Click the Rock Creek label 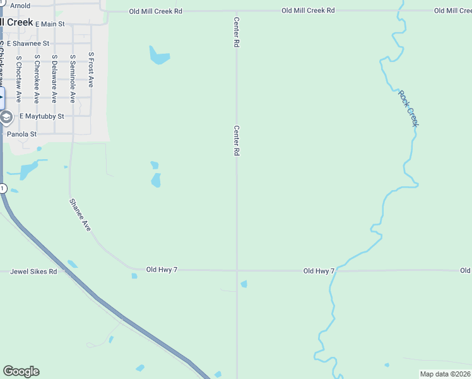408,108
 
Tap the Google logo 21,371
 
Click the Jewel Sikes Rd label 33,272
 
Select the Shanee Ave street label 80,215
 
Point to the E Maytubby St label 42,116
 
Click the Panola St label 21,134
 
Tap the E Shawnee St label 28,44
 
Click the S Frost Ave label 91,69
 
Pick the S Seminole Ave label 73,79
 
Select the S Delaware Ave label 54,79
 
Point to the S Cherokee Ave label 37,79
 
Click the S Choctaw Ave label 19,79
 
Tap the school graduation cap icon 6,117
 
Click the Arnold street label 20,5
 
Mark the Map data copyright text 444,374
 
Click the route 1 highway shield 3,188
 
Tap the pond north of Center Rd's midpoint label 159,56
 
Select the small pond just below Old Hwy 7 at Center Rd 244,284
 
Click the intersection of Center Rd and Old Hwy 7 237,270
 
